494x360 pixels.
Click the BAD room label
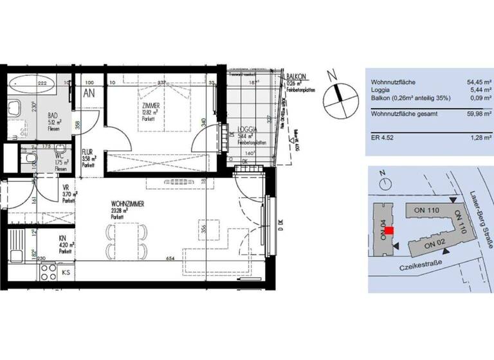(x=53, y=115)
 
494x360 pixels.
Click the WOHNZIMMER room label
(x=126, y=204)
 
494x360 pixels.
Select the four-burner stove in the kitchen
(x=49, y=273)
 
